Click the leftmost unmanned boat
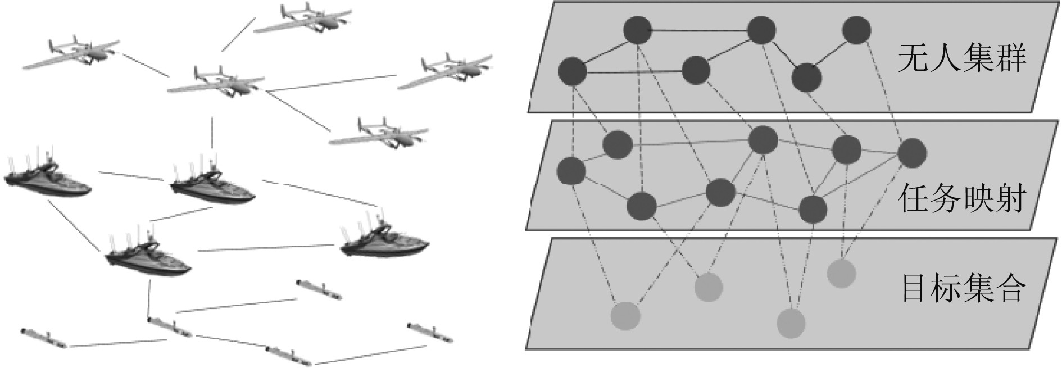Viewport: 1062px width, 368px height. (x=47, y=180)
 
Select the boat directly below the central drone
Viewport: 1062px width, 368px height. (x=212, y=185)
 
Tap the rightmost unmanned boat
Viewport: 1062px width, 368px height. (x=385, y=240)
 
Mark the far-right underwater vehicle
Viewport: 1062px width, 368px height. (x=430, y=332)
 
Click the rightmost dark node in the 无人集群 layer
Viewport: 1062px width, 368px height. (x=856, y=30)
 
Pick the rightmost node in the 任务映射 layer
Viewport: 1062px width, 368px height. (x=911, y=153)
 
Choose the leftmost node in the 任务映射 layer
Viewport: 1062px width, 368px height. (x=571, y=171)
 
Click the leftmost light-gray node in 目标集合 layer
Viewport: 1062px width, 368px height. (x=625, y=316)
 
